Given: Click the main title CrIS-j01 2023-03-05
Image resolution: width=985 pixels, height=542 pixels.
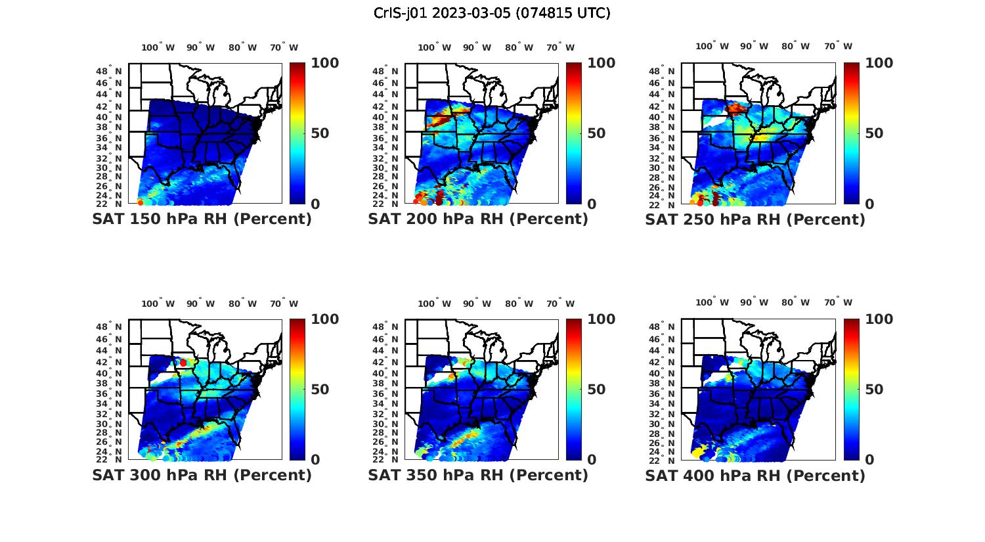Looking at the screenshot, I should pyautogui.click(x=492, y=13).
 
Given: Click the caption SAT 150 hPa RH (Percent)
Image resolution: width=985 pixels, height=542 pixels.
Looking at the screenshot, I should pyautogui.click(x=202, y=219).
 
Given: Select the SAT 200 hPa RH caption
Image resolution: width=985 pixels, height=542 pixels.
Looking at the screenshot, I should pyautogui.click(x=478, y=219).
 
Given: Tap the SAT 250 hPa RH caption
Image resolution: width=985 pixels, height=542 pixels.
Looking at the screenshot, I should pyautogui.click(x=755, y=219).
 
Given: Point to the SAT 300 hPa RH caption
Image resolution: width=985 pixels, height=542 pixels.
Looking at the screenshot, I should pyautogui.click(x=202, y=475).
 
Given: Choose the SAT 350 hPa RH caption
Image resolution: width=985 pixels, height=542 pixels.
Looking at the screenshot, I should pyautogui.click(x=478, y=475).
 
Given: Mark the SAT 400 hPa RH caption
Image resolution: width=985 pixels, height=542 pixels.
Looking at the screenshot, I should pyautogui.click(x=755, y=475).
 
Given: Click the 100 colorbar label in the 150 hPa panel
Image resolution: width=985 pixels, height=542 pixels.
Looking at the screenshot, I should pyautogui.click(x=325, y=63).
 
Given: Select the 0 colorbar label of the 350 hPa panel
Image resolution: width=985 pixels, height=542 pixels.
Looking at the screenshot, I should pyautogui.click(x=592, y=460).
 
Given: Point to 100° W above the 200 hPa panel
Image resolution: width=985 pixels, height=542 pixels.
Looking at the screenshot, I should pyautogui.click(x=434, y=47).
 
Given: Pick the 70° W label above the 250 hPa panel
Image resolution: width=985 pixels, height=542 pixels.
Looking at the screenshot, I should pyautogui.click(x=838, y=46).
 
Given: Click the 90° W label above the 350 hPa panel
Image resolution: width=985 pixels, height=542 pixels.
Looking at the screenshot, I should pyautogui.click(x=477, y=304).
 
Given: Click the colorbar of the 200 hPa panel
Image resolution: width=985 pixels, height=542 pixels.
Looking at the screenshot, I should pyautogui.click(x=574, y=133).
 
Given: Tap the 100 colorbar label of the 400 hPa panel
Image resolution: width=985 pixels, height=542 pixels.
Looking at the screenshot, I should pyautogui.click(x=879, y=319).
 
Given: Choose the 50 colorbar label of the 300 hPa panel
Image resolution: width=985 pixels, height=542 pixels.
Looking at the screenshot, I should pyautogui.click(x=320, y=390).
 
